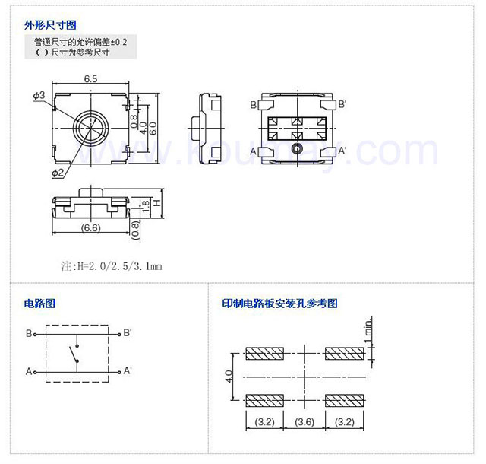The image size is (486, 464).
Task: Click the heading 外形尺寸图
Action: click(50, 26)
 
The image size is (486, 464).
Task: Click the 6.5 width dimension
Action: click(91, 79)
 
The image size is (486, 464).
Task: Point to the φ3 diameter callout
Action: click(39, 95)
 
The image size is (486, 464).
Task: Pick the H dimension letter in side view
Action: click(156, 204)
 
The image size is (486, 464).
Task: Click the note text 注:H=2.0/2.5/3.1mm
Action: click(111, 266)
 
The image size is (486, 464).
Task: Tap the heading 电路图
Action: click(39, 304)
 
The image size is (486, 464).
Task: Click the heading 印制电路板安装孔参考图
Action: click(279, 304)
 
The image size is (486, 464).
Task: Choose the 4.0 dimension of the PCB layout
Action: click(229, 377)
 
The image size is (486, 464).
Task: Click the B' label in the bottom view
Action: click(342, 104)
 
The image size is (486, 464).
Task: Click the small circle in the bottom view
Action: click(297, 147)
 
